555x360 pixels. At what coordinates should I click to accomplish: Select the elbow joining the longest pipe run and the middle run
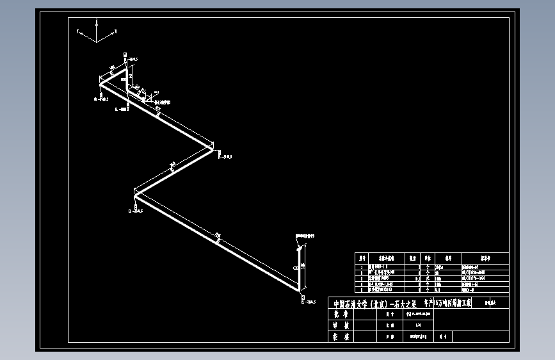point(135,191)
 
